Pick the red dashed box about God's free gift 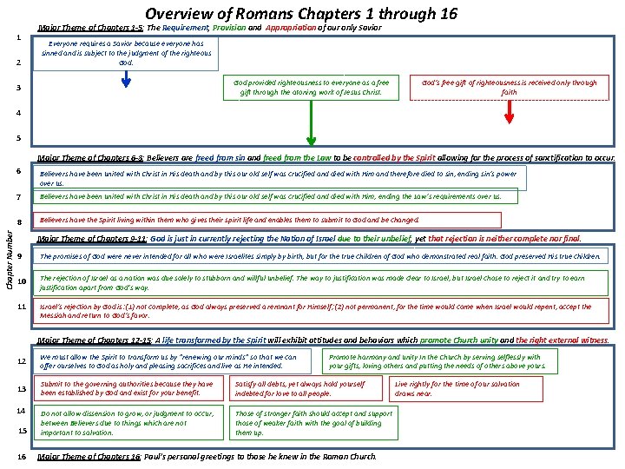tap(509, 88)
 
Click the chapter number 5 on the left tap(18, 138)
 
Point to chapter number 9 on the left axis tap(18, 257)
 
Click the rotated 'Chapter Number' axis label tap(9, 254)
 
